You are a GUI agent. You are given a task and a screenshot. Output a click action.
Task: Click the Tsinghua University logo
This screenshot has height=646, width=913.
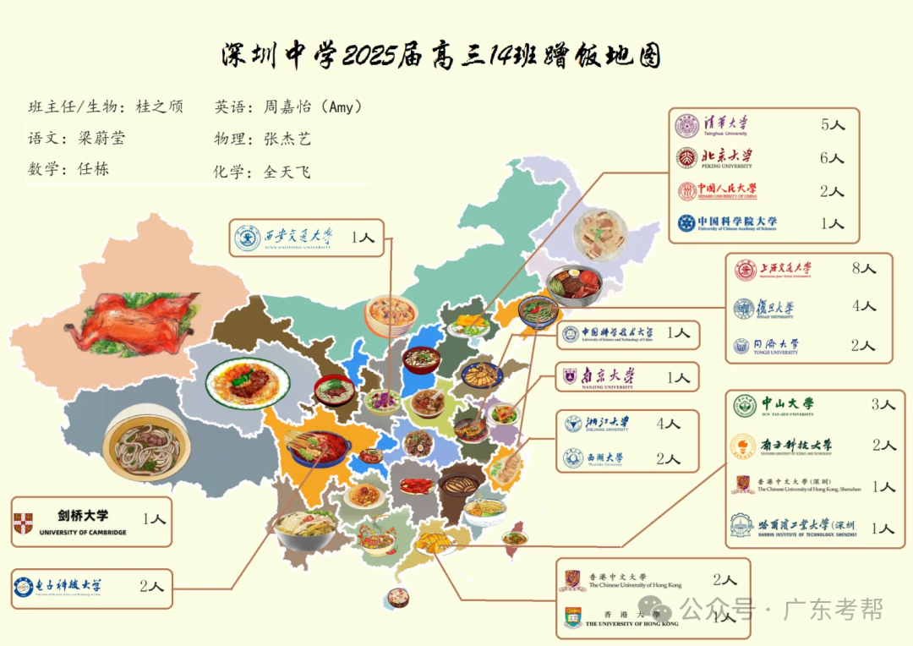click(x=687, y=127)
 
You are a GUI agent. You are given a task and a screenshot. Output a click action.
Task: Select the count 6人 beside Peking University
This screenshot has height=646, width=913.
click(x=832, y=158)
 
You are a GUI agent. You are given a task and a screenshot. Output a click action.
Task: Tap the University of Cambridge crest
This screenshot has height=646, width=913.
click(x=23, y=523)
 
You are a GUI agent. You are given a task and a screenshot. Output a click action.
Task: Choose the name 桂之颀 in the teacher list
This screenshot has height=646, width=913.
click(x=159, y=107)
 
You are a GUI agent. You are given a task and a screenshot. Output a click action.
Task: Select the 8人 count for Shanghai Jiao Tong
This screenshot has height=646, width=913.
click(x=864, y=269)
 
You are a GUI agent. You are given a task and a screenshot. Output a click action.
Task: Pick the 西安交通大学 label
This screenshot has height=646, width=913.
click(x=298, y=238)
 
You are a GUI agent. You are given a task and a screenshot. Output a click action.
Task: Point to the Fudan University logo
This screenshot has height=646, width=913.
click(x=744, y=308)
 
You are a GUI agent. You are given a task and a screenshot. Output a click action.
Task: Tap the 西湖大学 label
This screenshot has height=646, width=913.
click(x=605, y=459)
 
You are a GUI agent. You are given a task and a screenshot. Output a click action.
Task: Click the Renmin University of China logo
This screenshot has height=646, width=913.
click(x=687, y=191)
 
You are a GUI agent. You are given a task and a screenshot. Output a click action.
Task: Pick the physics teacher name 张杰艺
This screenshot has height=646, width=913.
click(x=287, y=139)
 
